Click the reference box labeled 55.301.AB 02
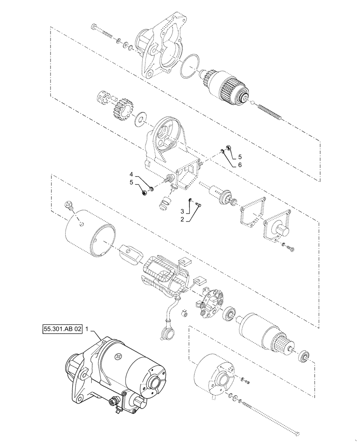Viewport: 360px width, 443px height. (x=63, y=329)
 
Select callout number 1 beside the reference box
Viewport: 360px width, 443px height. (x=87, y=329)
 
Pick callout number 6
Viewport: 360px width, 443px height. (x=240, y=164)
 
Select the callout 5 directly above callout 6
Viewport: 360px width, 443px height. (x=240, y=156)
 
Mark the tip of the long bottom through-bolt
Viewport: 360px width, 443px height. (x=298, y=434)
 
